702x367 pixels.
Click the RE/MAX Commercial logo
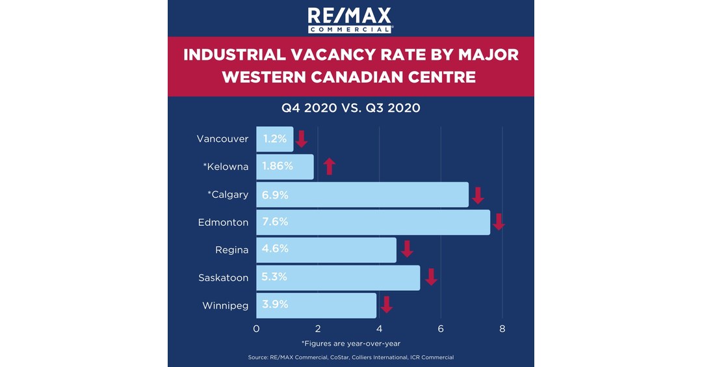click(350, 20)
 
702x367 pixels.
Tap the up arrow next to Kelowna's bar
click(329, 167)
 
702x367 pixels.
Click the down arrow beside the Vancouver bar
click(301, 139)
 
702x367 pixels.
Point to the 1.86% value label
click(278, 167)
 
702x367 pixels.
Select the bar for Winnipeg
click(316, 305)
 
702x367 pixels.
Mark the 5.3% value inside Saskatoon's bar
click(275, 277)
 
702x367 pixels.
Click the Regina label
click(232, 250)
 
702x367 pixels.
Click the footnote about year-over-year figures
click(350, 343)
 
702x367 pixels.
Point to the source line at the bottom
click(350, 357)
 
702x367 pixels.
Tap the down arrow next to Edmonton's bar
click(499, 222)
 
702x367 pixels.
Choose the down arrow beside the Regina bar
click(407, 249)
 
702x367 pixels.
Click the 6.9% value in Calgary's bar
click(275, 195)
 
